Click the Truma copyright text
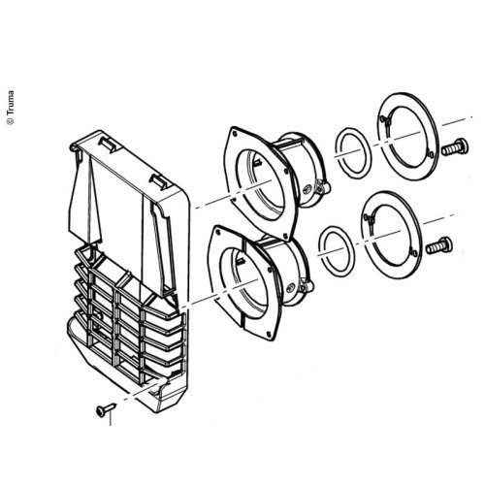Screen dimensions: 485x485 click(x=11, y=108)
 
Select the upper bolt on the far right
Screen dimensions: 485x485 click(x=455, y=147)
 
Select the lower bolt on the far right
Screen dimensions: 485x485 click(x=439, y=245)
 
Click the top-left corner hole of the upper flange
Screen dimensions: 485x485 click(x=234, y=132)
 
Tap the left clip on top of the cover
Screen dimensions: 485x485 click(x=109, y=144)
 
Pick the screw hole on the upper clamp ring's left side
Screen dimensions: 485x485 click(x=386, y=121)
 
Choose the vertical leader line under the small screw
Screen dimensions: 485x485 click(x=111, y=418)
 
